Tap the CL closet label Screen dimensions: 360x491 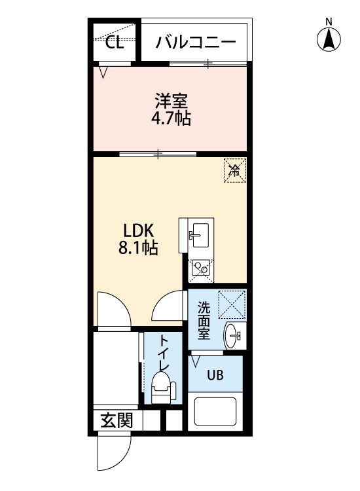tap(115, 43)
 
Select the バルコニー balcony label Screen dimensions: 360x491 tap(196, 43)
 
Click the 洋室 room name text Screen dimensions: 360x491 tap(171, 101)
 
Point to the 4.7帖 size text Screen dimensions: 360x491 tap(171, 119)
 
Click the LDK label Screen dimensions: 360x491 tap(138, 231)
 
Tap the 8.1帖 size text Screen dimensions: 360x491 tap(138, 248)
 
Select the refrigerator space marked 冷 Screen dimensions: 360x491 tap(235, 170)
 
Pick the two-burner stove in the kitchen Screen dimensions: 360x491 tap(200, 268)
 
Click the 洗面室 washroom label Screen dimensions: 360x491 tap(204, 321)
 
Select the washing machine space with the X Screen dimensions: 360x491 tap(232, 304)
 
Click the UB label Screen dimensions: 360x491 tap(215, 375)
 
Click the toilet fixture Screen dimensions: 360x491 tap(162, 388)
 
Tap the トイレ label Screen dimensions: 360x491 tap(164, 353)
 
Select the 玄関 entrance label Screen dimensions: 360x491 tap(117, 420)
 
